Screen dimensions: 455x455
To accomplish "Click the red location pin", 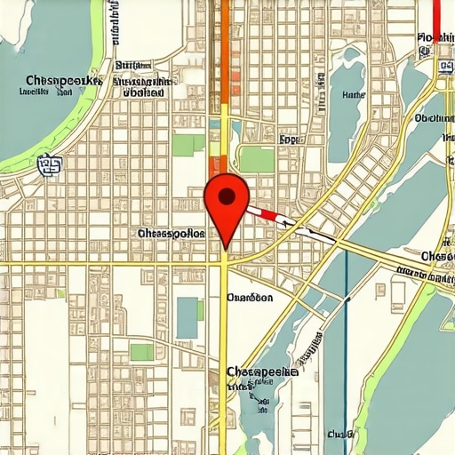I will pos(227,200).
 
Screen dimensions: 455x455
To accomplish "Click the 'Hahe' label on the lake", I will pos(353,94).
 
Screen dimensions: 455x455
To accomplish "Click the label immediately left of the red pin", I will pos(172,233).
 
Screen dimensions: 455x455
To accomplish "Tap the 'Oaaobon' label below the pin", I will pos(250,298).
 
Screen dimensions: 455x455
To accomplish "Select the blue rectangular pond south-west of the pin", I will pos(187,317).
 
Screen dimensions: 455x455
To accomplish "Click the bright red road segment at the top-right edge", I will pos(437,18).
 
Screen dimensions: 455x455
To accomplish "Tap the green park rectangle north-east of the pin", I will pos(257,160).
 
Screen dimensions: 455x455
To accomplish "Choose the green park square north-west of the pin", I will pos(188,144).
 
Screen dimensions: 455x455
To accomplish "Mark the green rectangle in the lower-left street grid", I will pos(141,352).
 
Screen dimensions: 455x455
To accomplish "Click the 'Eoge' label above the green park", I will pos(289,140).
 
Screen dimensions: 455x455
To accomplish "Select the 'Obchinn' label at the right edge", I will pos(435,118).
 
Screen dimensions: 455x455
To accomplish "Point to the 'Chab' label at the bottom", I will pos(339,435).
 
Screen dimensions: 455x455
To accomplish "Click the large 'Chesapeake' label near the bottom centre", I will pos(261,371).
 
